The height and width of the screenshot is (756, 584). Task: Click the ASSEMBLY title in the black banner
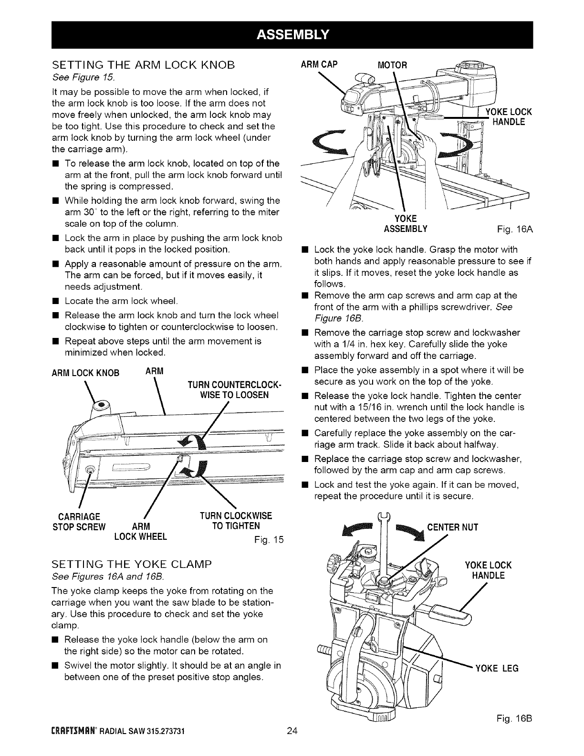pyautogui.click(x=292, y=34)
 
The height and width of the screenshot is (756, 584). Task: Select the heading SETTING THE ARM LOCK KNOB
pyautogui.click(x=144, y=66)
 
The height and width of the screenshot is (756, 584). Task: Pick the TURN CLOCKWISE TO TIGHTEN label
pyautogui.click(x=236, y=521)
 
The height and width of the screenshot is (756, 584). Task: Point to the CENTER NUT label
pyautogui.click(x=452, y=527)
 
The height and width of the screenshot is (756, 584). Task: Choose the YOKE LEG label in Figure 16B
pyautogui.click(x=497, y=668)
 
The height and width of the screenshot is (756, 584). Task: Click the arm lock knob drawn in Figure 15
pyautogui.click(x=99, y=406)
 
